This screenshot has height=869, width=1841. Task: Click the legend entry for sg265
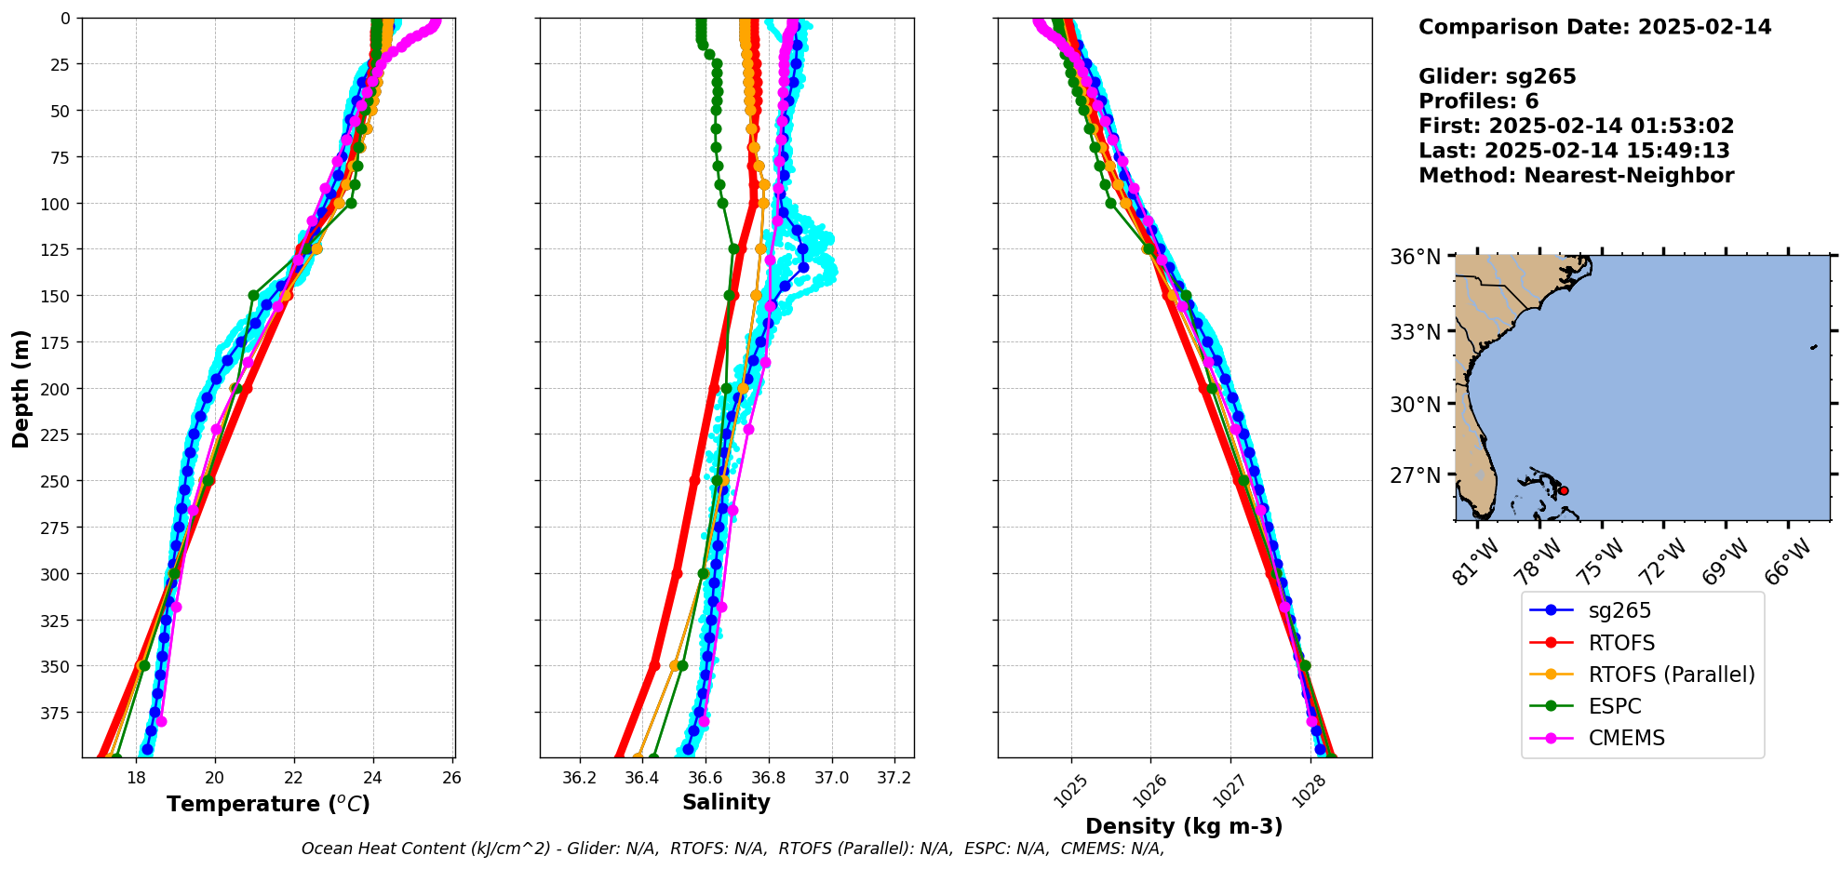pos(1619,611)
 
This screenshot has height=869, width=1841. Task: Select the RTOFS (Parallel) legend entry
pos(1671,675)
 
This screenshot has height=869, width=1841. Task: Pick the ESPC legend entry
pos(1614,706)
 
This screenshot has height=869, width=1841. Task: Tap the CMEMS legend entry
pos(1626,738)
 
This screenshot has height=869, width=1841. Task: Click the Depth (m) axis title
pos(20,388)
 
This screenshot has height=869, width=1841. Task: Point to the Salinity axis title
pos(726,802)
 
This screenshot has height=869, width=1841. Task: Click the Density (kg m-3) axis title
pos(1184,826)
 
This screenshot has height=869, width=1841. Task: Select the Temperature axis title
pos(268,804)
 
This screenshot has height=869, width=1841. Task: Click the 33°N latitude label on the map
pos(1415,332)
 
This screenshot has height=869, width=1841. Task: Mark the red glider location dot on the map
pos(1564,490)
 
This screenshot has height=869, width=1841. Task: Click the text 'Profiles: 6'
pos(1478,101)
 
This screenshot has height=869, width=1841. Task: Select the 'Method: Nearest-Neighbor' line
pos(1576,176)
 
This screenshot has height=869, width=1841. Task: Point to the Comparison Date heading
pos(1594,27)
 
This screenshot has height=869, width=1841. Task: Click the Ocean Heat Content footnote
pos(732,849)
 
